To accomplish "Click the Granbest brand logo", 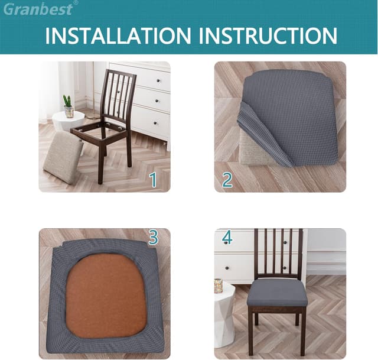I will pyautogui.click(x=37, y=9).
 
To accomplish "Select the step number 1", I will pyautogui.click(x=153, y=179).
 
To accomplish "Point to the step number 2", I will pyautogui.click(x=227, y=179).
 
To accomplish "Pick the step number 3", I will pyautogui.click(x=154, y=238).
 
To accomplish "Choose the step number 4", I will pyautogui.click(x=227, y=238).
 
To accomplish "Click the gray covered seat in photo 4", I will pyautogui.click(x=276, y=293).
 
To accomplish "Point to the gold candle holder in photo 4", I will pyautogui.click(x=219, y=286).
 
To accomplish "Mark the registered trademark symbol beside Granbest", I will pyautogui.click(x=75, y=3).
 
